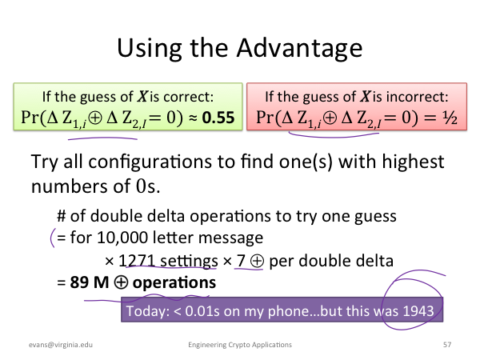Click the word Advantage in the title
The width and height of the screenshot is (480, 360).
point(299,49)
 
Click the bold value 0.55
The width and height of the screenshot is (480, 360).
point(218,118)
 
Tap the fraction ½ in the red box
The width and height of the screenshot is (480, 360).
point(450,118)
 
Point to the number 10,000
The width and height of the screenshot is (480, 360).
point(122,238)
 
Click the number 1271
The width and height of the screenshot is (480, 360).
point(136,261)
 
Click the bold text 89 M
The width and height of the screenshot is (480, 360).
point(90,282)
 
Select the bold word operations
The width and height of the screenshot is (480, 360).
point(174,283)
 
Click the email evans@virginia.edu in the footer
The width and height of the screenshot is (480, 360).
point(61,345)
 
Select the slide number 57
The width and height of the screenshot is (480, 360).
point(447,345)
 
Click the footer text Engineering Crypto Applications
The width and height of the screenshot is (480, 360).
point(240,345)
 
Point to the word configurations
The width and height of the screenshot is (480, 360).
point(150,162)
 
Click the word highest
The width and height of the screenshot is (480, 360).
point(414,162)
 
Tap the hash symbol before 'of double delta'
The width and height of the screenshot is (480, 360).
point(62,216)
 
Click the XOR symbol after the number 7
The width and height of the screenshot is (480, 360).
point(257,262)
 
